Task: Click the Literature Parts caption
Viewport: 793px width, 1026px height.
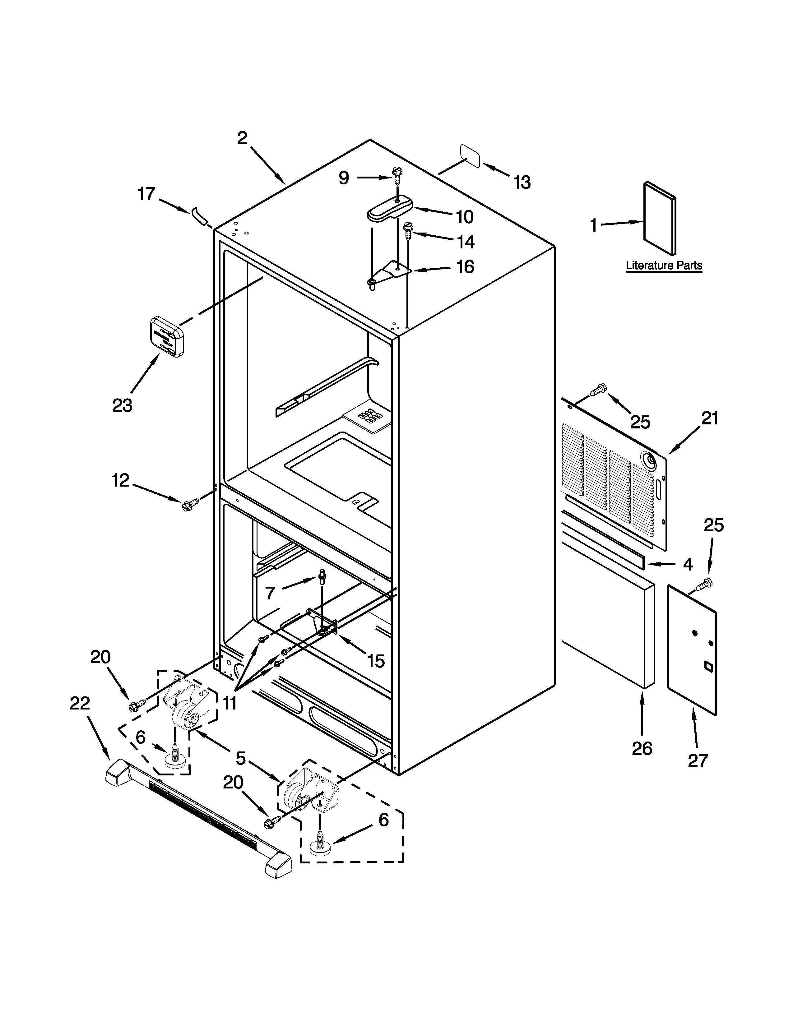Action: coord(664,266)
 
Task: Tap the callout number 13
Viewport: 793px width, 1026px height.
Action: coord(522,182)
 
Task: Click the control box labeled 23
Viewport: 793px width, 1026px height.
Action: coord(167,337)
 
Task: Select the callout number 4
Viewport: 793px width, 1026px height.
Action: coord(687,564)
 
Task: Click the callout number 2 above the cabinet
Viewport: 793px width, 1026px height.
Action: coord(242,138)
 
